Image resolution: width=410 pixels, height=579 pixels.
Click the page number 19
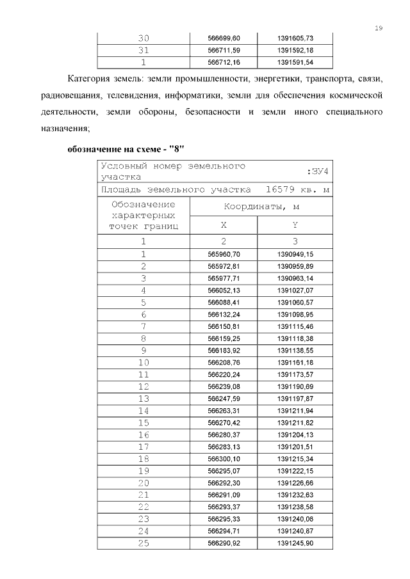(x=379, y=28)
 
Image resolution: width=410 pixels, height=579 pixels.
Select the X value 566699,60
(x=224, y=38)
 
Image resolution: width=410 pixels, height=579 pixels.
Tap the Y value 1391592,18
(x=295, y=51)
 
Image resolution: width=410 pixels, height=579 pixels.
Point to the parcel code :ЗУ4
(x=318, y=171)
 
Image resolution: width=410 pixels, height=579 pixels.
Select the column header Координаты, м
(x=261, y=207)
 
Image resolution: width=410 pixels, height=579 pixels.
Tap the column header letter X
(x=224, y=225)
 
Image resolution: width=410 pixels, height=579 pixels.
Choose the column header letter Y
(x=295, y=225)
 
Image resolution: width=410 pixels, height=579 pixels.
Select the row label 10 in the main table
(x=143, y=363)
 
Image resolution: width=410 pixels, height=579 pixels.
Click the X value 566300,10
(x=224, y=459)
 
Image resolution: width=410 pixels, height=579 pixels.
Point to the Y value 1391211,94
(x=295, y=411)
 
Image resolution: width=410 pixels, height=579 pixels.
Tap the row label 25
(x=143, y=543)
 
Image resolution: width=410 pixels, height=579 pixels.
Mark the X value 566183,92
(x=224, y=351)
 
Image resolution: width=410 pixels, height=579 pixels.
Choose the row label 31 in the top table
(x=143, y=51)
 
